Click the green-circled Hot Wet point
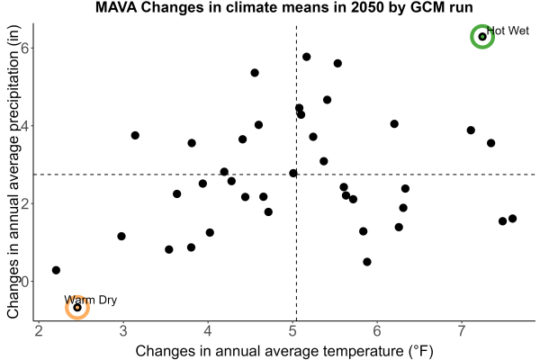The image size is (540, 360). pos(482,37)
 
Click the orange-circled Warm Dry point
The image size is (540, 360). pos(77,307)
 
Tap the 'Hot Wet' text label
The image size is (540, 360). pos(508,31)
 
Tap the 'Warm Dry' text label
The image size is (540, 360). pos(91,300)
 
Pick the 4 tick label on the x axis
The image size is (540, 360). pos(208,330)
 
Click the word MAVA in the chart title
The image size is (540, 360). pos(116,7)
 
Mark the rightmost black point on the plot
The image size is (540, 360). pos(512,219)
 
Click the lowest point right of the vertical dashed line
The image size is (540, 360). pos(367,262)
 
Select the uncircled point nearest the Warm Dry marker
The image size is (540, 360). pos(56,270)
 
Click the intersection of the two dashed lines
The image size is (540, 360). pos(296,175)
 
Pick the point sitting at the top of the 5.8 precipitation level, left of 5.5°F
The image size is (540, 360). pos(307,57)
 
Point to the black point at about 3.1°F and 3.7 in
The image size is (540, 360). pos(135,135)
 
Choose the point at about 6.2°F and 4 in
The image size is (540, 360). pos(394,123)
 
